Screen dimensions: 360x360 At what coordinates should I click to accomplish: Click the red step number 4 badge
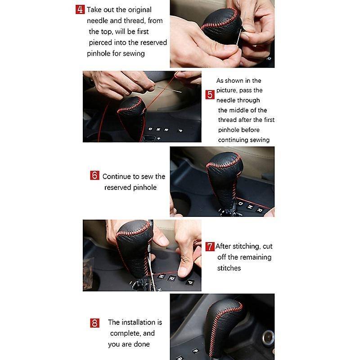[x=80, y=9]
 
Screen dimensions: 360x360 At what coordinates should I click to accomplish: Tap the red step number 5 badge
[x=210, y=94]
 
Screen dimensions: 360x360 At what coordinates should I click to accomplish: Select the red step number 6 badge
[x=94, y=175]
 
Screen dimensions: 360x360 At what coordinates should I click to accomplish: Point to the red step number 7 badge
[x=210, y=247]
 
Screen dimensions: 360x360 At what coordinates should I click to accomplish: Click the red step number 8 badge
[x=94, y=323]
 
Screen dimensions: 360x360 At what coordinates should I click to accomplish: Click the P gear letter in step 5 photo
[x=180, y=130]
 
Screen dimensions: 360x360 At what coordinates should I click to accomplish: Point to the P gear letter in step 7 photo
[x=190, y=282]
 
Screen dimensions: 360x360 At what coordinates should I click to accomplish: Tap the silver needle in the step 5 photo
[x=168, y=89]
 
